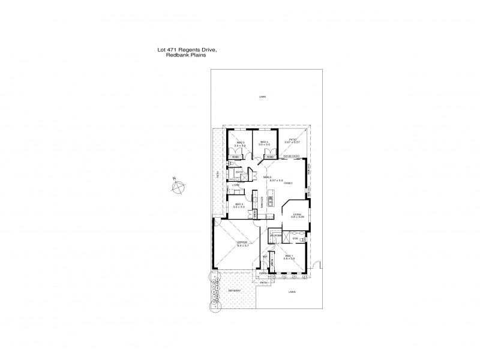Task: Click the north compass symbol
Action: (178, 187)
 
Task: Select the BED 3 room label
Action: (240, 142)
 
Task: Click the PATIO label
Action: (293, 140)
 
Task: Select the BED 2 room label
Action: (238, 204)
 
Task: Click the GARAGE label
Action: (242, 241)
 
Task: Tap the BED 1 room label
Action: (289, 256)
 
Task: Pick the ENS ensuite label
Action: (295, 239)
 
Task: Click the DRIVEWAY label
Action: (234, 292)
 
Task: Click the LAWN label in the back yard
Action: (262, 97)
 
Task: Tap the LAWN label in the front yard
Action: (292, 292)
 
